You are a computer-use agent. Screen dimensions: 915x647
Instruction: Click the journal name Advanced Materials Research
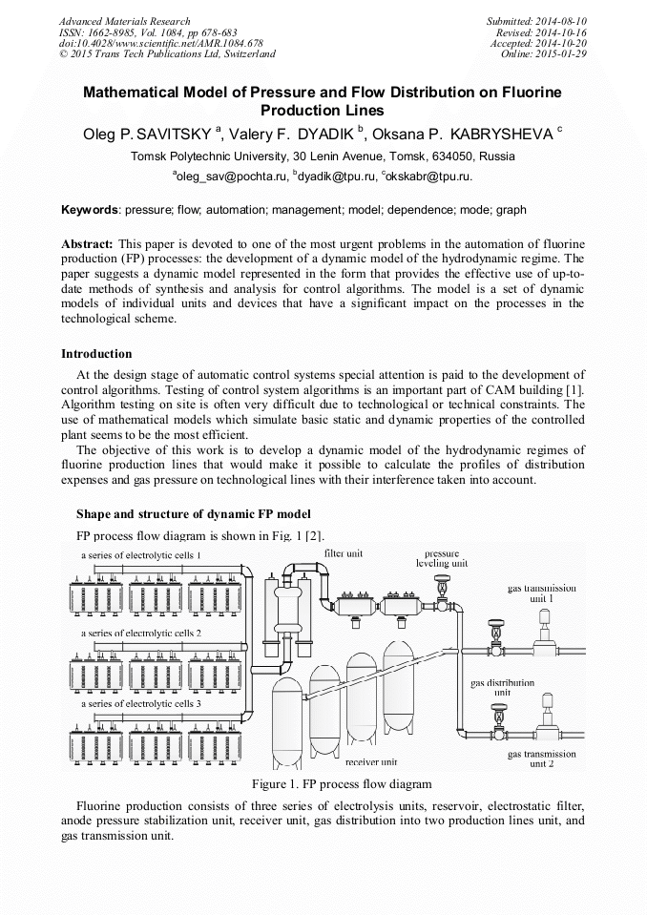(124, 21)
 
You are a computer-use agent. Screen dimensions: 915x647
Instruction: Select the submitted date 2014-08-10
(560, 21)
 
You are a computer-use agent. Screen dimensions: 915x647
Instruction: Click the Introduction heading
(96, 354)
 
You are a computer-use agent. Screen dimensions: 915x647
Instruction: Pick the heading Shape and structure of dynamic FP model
(193, 515)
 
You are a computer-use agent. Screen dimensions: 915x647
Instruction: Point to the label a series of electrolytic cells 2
(140, 633)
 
